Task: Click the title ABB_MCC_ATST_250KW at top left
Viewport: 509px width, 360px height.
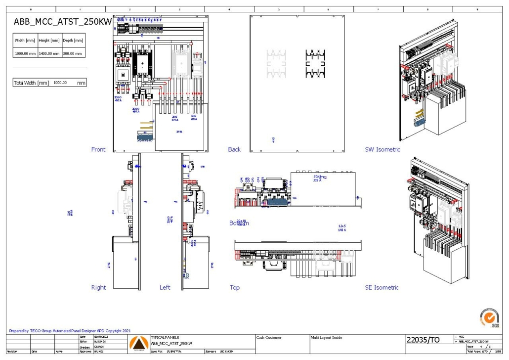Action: tap(62, 21)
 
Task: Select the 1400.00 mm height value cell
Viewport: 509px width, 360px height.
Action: tap(49, 53)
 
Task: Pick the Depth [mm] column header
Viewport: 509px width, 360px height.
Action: tap(73, 41)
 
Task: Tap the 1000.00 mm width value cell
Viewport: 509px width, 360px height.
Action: tap(25, 53)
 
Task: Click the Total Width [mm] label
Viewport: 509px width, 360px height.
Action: tap(31, 83)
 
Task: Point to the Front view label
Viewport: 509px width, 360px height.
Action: tap(98, 149)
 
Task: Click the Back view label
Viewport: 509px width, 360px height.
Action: tap(234, 149)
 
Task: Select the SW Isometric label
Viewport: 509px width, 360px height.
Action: tap(382, 149)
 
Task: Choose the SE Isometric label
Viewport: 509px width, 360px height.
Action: tap(382, 287)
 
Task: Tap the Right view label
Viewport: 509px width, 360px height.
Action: tap(98, 287)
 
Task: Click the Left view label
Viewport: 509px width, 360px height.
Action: tap(165, 287)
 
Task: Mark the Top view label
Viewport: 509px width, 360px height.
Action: tap(235, 287)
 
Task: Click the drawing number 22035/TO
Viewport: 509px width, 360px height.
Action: tap(423, 340)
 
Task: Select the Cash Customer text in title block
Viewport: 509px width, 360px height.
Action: tap(269, 338)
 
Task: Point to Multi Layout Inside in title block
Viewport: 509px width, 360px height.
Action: tap(326, 338)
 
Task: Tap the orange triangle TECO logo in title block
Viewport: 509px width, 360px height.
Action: tap(138, 343)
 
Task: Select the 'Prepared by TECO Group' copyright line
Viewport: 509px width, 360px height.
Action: tap(70, 331)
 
